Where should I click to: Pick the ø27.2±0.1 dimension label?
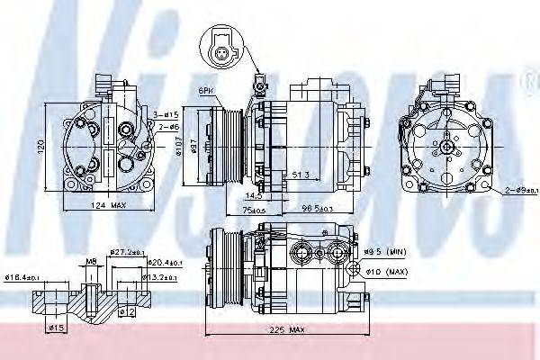[128, 252]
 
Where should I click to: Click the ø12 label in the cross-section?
[128, 311]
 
